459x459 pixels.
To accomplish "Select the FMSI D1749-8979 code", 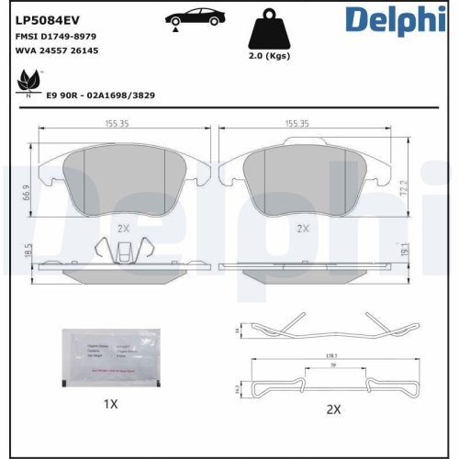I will (x=57, y=35).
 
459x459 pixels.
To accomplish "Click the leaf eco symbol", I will (x=26, y=84).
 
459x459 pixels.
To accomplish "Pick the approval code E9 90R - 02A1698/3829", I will (x=103, y=94).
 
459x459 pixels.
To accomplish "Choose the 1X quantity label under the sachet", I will (x=110, y=404).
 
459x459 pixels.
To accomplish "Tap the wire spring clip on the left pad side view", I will (x=123, y=249).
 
